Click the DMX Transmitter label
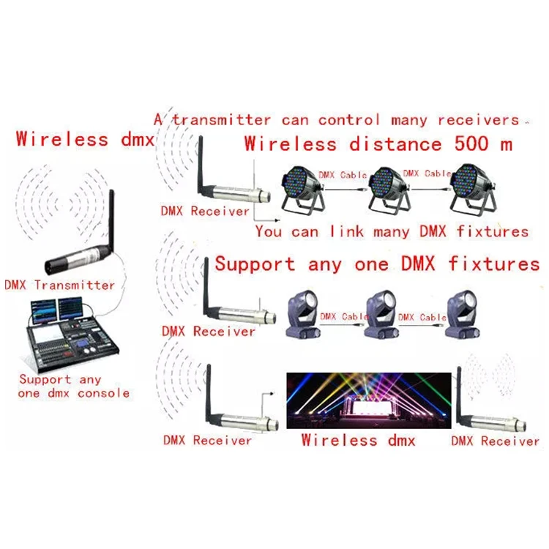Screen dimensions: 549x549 pos(59,285)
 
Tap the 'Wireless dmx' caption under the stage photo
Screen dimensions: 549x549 pos(359,440)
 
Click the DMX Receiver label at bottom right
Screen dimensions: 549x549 pos(495,441)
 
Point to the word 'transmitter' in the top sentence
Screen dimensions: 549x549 pos(222,119)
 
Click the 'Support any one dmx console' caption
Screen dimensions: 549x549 pos(73,386)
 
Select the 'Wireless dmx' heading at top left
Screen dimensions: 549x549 pos(83,138)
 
